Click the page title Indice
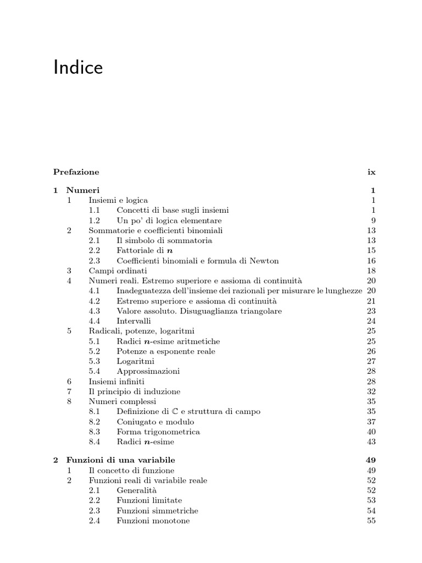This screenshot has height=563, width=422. coord(78,68)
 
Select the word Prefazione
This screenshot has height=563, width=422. coord(76,172)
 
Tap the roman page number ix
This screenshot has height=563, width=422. coord(371,172)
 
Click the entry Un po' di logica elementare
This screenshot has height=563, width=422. coord(169,220)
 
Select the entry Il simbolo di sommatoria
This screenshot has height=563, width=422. coord(164,240)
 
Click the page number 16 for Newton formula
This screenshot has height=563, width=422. coord(371,261)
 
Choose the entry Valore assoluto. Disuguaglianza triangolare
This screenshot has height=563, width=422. coord(199,311)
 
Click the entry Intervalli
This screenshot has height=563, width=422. coord(134,321)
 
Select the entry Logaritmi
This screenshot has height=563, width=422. coord(135,361)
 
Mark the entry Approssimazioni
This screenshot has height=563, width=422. coord(148,371)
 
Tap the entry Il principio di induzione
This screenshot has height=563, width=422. coord(135,391)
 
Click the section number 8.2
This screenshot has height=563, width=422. coord(95,422)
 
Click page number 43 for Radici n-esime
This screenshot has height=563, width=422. coord(371,441)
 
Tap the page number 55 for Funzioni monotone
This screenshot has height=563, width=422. coord(371,521)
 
